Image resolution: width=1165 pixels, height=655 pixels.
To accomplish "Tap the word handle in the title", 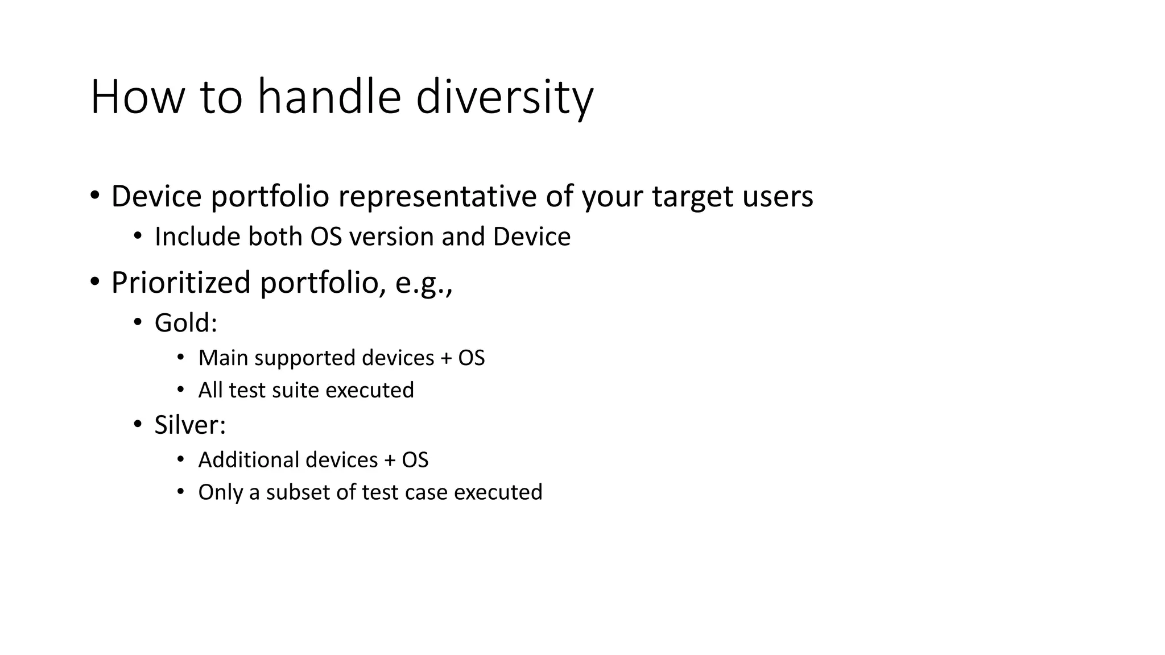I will click(329, 98).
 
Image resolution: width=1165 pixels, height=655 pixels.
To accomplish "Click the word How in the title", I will click(138, 98).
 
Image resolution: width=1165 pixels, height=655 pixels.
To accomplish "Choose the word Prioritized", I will click(181, 283).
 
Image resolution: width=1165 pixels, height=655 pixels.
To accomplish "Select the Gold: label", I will click(186, 323).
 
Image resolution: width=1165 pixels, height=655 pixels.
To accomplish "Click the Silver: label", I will click(190, 425).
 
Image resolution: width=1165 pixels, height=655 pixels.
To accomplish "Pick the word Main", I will click(223, 358).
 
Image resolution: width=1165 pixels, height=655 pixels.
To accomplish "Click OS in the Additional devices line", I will click(415, 459).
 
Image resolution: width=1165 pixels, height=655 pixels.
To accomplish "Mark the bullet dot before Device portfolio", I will click(95, 195).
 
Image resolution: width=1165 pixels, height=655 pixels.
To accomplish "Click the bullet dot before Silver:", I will click(137, 424).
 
